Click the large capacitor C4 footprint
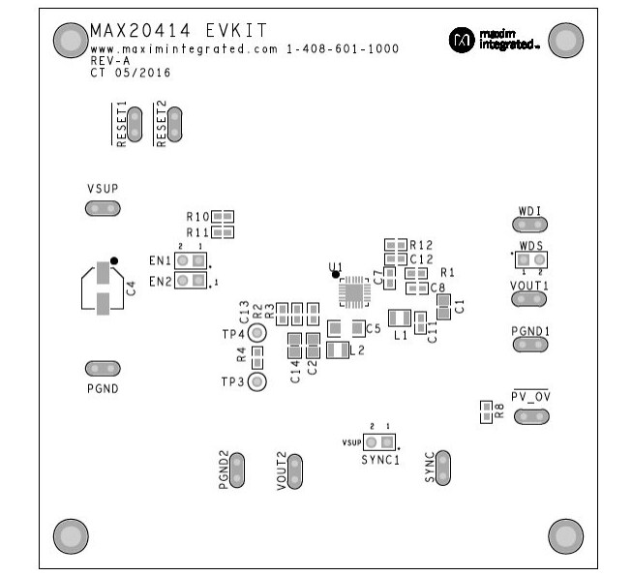(x=103, y=288)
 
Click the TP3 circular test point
(x=257, y=381)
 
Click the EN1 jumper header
(x=192, y=260)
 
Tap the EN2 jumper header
(x=192, y=281)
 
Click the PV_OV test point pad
(x=530, y=417)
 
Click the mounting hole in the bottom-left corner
(x=69, y=534)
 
